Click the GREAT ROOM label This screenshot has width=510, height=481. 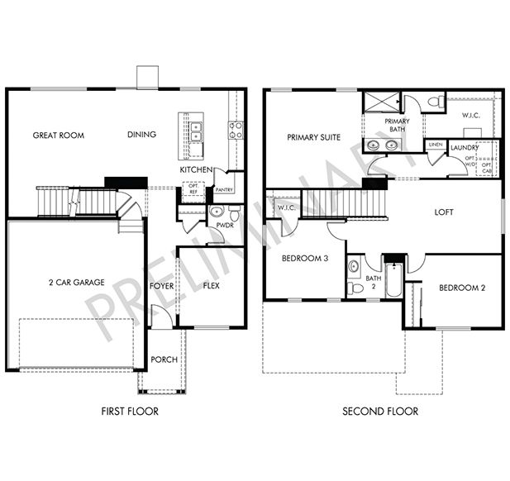click(59, 135)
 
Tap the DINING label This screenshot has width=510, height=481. click(142, 135)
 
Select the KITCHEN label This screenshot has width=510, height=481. click(197, 170)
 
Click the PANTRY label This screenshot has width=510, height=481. click(224, 189)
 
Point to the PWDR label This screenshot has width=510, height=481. click(223, 224)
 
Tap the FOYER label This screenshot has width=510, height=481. click(161, 287)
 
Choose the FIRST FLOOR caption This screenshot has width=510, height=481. click(130, 411)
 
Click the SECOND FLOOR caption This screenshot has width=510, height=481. click(380, 411)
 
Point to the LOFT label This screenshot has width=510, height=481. click(444, 212)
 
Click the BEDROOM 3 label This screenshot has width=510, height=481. click(305, 259)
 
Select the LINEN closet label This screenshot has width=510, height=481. click(436, 145)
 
